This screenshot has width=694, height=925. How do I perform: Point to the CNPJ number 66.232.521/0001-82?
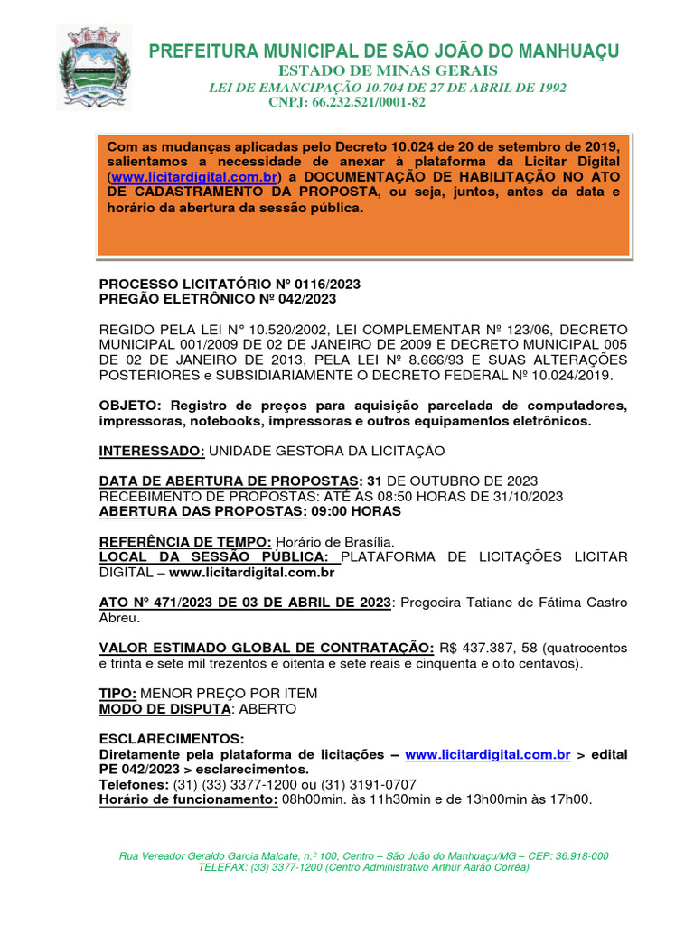coord(369,102)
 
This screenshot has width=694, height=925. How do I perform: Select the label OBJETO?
coord(132,405)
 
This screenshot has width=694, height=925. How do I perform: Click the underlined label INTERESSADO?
coord(152,450)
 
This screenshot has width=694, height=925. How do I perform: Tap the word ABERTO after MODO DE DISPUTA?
coord(268,709)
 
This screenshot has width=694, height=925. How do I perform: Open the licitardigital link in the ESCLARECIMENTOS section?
coord(487,754)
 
